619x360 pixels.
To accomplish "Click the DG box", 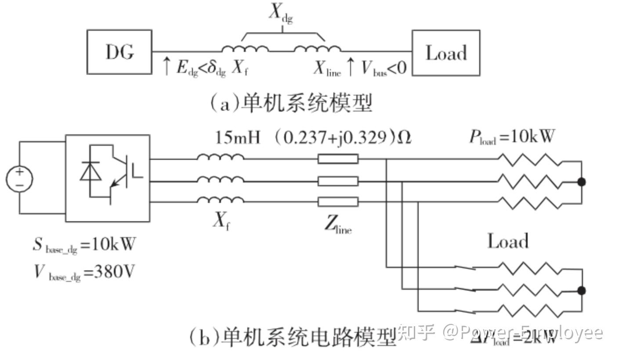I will [119, 52].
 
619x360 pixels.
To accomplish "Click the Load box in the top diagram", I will [445, 53].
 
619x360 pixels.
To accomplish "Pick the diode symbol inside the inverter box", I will [90, 172].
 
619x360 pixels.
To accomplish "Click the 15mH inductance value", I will [238, 138].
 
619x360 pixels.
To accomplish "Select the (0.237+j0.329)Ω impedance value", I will [343, 138].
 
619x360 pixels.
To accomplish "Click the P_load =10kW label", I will [511, 137].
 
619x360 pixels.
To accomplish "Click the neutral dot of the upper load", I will [582, 182].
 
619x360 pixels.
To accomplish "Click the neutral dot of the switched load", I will [582, 290].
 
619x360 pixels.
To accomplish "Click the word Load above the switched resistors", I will [508, 242].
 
